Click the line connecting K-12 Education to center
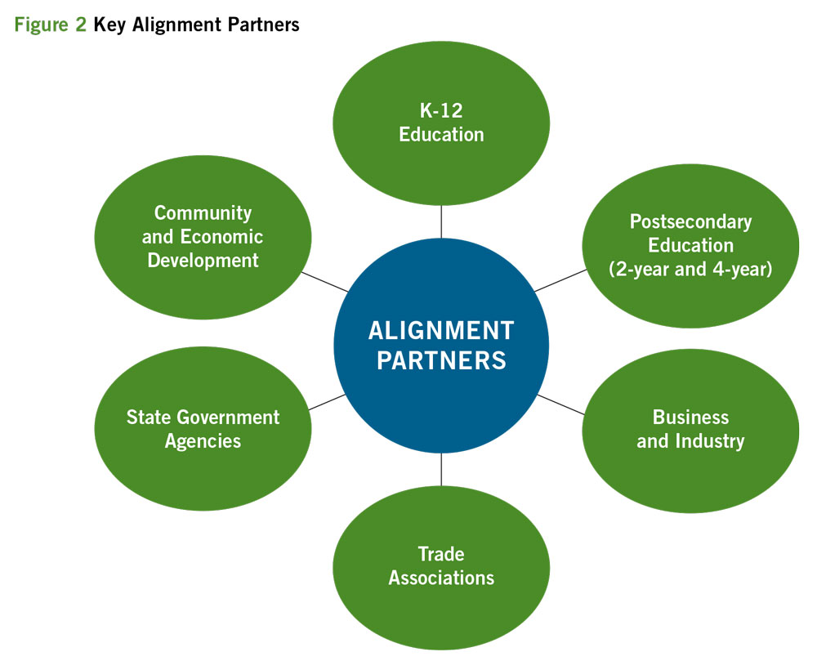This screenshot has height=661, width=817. tap(441, 221)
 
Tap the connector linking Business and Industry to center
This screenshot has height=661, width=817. tap(560, 404)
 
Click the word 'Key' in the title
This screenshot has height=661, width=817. tap(109, 25)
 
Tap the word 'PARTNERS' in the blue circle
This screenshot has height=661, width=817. tap(441, 360)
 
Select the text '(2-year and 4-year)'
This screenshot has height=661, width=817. tap(690, 268)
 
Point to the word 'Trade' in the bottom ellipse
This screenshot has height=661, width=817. tap(441, 554)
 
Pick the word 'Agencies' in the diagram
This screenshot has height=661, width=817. tap(203, 441)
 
